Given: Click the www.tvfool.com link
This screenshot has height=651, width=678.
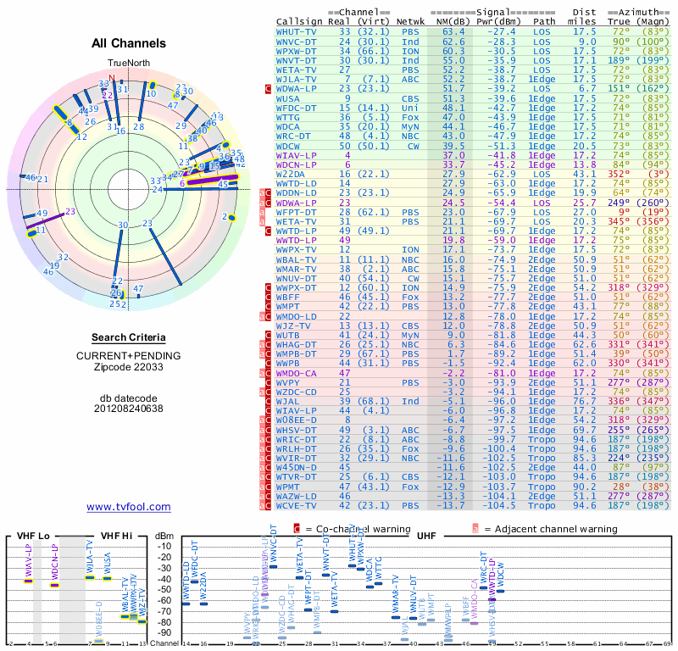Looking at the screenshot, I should click(x=128, y=507).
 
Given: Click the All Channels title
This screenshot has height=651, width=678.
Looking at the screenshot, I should click(x=129, y=43).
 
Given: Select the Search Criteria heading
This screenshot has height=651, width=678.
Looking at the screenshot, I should click(x=129, y=337).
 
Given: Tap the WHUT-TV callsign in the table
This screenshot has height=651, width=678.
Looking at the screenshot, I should click(x=297, y=31).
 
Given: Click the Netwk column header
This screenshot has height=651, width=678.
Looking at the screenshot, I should click(x=411, y=21).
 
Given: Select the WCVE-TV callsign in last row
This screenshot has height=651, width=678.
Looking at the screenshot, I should click(x=297, y=505).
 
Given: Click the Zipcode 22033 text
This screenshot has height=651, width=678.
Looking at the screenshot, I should click(x=129, y=368).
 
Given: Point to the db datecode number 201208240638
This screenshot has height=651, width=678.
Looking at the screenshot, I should click(x=129, y=408).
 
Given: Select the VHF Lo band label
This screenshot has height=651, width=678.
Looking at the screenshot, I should click(x=33, y=536).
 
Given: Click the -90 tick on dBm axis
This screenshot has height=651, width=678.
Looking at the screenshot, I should click(x=166, y=632).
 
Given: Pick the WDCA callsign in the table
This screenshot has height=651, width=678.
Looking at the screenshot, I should click(x=290, y=125).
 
